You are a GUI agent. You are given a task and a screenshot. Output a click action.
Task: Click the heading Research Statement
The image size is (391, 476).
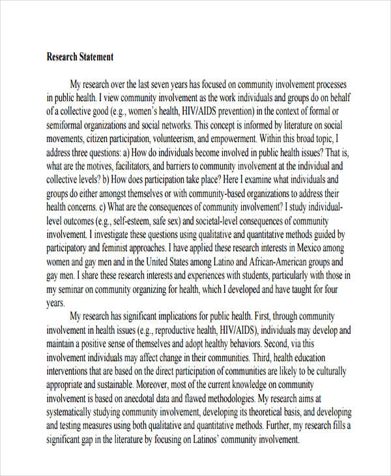tap(80, 57)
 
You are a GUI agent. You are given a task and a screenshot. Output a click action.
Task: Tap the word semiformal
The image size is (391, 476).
tap(68, 125)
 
